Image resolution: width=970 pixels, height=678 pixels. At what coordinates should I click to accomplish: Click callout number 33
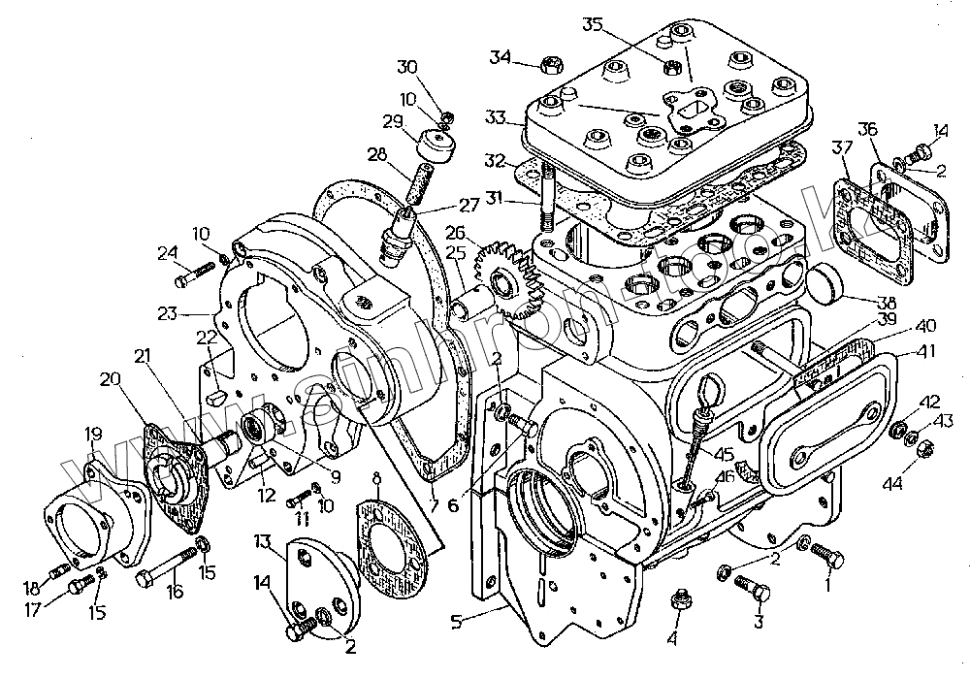pos(496,118)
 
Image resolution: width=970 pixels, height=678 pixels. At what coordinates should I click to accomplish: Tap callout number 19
pos(93,434)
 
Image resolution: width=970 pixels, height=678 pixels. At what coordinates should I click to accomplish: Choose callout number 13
pos(263,539)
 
